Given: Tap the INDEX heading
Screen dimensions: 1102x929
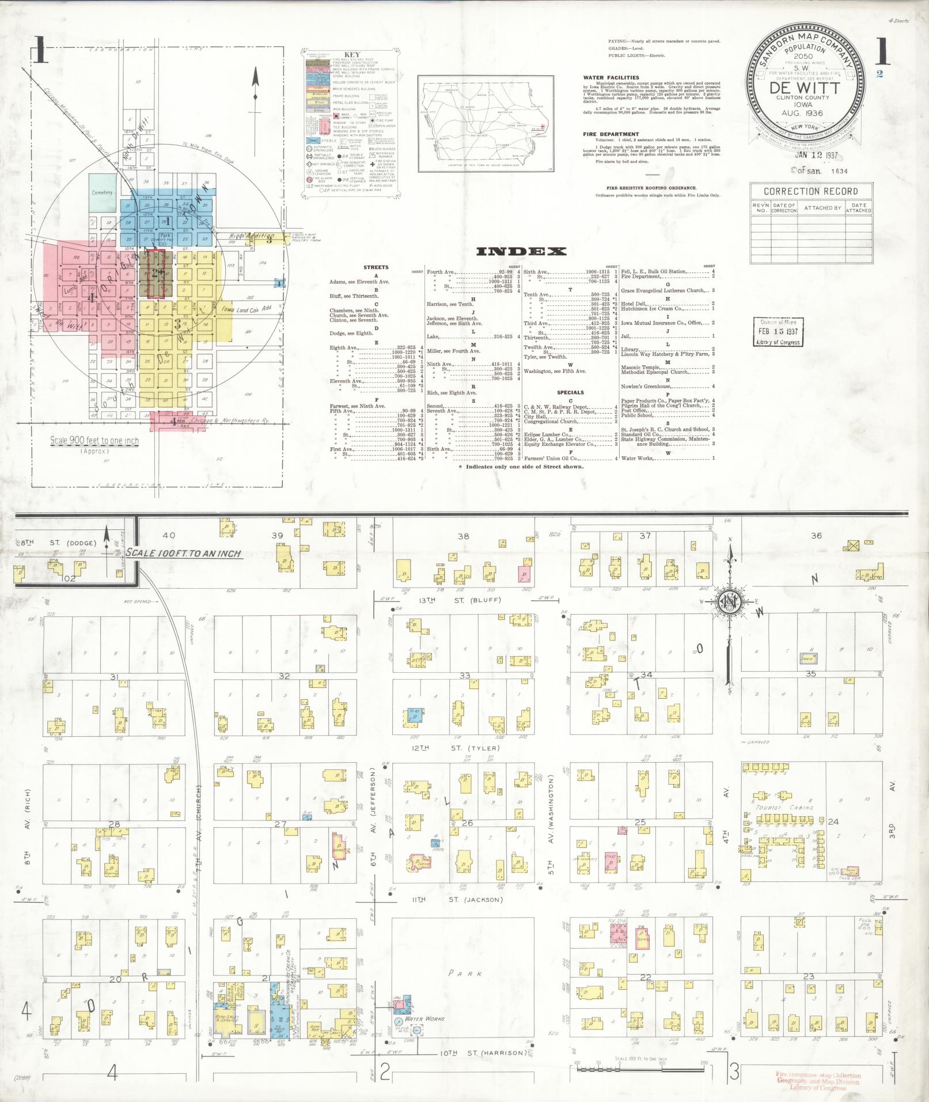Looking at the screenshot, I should point(521,251).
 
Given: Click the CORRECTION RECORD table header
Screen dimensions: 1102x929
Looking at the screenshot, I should point(810,191).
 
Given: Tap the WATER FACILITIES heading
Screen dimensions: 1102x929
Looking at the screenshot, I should point(611,77).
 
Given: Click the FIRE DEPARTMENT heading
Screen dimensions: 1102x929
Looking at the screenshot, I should point(611,134).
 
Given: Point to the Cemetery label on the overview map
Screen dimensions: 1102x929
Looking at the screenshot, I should point(103,192).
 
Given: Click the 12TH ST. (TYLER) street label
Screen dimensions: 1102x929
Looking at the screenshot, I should point(455,748).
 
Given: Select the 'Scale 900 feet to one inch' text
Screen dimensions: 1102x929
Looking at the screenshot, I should point(94,441).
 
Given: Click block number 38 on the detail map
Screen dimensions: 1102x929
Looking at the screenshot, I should point(463,536).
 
